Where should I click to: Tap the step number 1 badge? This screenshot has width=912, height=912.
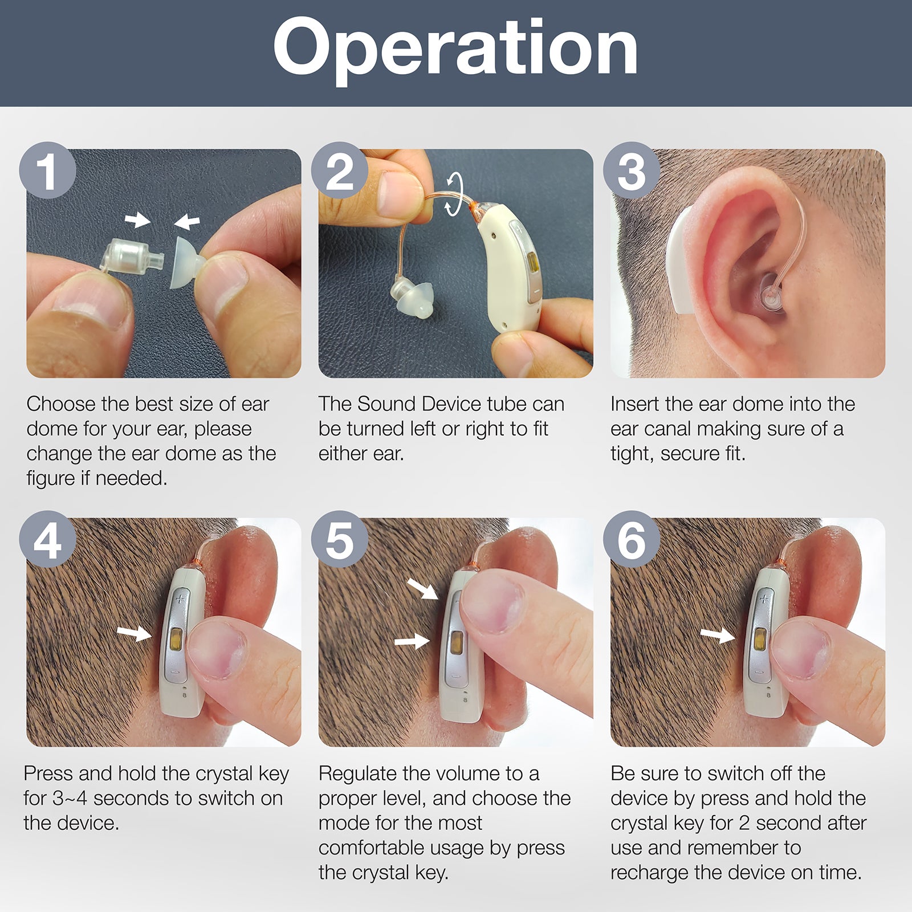pos(47,170)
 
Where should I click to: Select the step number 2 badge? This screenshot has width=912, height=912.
pos(340,170)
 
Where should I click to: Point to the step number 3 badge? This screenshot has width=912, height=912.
pos(632,170)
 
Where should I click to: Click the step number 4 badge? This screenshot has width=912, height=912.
pos(47,539)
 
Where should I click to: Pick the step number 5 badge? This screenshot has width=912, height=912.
pos(340,539)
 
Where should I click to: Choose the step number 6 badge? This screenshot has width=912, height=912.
pos(632,539)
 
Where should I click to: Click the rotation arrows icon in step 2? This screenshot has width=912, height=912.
pos(454,196)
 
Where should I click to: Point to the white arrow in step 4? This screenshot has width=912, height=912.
pos(135,633)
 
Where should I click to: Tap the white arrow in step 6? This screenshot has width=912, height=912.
pos(718,636)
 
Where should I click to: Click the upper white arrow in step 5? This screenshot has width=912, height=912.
pos(422,589)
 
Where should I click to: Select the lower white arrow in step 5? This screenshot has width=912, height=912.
pos(412,642)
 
